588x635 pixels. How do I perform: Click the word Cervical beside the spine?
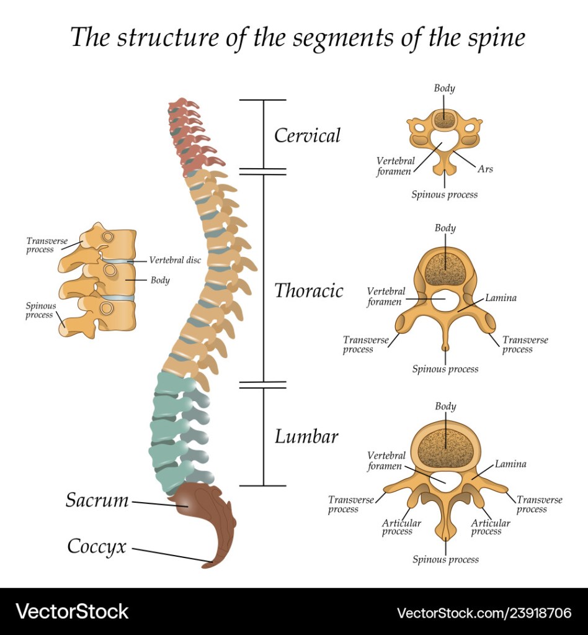pyautogui.click(x=307, y=135)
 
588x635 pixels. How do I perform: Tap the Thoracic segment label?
pyautogui.click(x=308, y=290)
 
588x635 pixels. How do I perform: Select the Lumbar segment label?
pyautogui.click(x=306, y=436)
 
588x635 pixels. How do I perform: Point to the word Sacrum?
pyautogui.click(x=97, y=500)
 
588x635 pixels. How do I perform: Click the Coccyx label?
pyautogui.click(x=97, y=547)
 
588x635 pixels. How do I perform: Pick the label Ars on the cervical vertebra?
pyautogui.click(x=485, y=169)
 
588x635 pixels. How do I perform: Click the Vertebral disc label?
pyautogui.click(x=174, y=261)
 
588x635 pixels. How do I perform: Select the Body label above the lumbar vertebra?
pyautogui.click(x=445, y=407)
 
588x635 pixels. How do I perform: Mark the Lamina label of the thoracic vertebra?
pyautogui.click(x=501, y=298)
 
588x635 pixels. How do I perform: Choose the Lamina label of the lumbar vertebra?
pyautogui.click(x=510, y=464)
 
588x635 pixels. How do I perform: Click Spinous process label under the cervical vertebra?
pyautogui.click(x=445, y=195)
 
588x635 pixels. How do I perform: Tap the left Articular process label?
pyautogui.click(x=401, y=527)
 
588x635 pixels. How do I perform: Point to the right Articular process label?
pyautogui.click(x=491, y=527)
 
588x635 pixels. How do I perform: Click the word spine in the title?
pyautogui.click(x=497, y=38)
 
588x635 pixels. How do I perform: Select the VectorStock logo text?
pyautogui.click(x=72, y=612)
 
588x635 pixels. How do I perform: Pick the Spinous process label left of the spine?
pyautogui.click(x=40, y=310)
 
